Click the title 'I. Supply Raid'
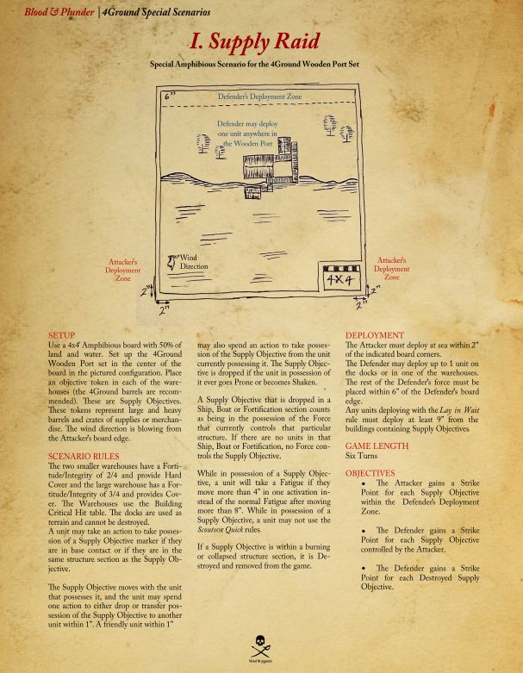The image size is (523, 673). pos(261,41)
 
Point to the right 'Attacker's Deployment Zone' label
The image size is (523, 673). pos(392,268)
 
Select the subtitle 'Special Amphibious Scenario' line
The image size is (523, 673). pos(261,65)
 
